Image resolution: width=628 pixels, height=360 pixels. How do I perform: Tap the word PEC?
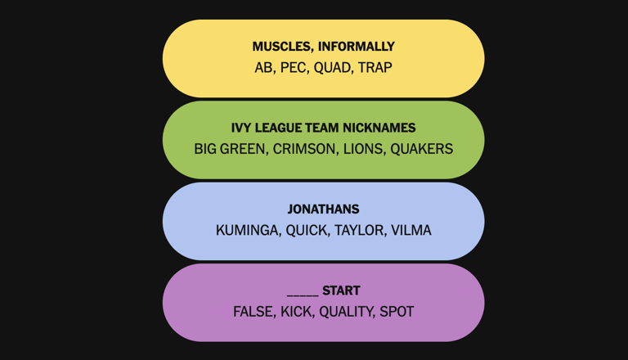coord(294,67)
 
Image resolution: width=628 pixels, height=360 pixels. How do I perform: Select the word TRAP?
coord(375,67)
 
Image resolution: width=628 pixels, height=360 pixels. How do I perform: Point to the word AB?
coord(263,67)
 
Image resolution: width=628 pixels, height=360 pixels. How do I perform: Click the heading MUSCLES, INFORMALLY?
coord(323,47)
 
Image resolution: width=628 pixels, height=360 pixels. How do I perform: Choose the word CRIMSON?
coord(304,149)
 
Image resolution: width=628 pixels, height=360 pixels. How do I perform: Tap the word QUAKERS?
coord(422,149)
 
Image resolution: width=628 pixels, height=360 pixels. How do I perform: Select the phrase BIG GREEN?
coord(230,149)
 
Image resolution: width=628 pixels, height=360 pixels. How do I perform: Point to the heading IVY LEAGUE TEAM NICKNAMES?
coord(323,128)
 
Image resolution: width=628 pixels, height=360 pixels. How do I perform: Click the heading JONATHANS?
coord(323,209)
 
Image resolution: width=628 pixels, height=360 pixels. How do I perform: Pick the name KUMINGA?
coord(248,230)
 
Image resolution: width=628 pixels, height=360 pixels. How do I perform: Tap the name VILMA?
coord(411,230)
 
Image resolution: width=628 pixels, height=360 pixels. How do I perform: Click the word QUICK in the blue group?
coord(306,230)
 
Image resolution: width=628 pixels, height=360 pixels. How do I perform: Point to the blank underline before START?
coord(303,295)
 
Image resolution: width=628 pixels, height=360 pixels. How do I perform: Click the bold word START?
coord(341,290)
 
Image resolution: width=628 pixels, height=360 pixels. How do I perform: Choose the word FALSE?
coord(254,312)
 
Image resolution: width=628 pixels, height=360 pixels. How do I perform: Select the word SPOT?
coord(397,312)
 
